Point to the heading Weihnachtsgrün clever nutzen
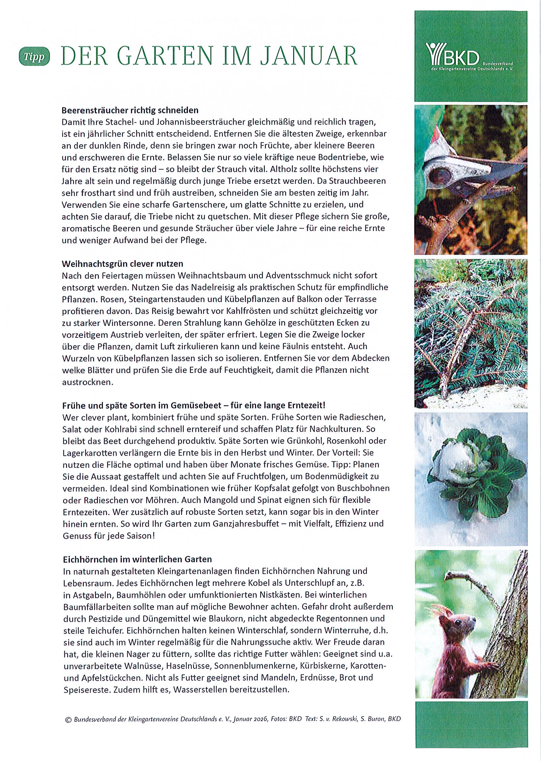(x=123, y=264)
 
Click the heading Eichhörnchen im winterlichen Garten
(x=137, y=559)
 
